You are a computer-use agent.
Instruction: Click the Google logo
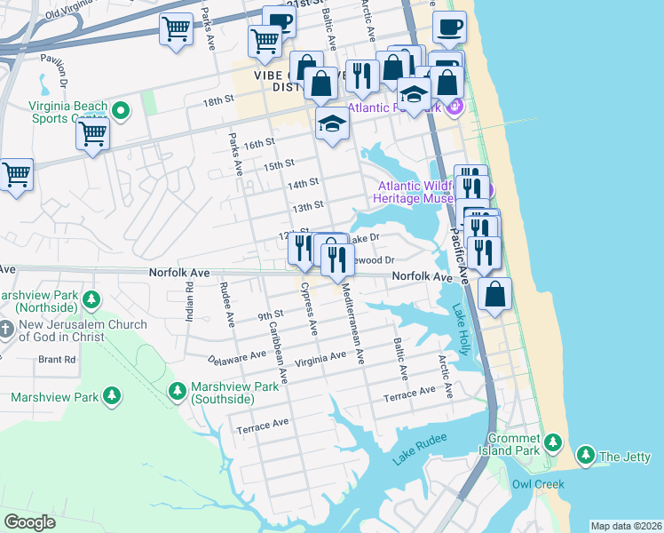(x=29, y=521)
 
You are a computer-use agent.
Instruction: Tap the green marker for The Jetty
(x=585, y=456)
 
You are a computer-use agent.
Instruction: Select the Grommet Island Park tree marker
(x=553, y=442)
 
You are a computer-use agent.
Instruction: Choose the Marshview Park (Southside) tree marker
(x=178, y=390)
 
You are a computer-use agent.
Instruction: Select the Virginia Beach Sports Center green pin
(x=121, y=111)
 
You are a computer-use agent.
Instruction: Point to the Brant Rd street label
(x=57, y=360)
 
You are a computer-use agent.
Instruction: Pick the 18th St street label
(x=217, y=102)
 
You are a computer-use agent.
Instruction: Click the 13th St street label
(x=307, y=206)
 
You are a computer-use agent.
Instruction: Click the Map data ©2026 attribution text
(x=626, y=526)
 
